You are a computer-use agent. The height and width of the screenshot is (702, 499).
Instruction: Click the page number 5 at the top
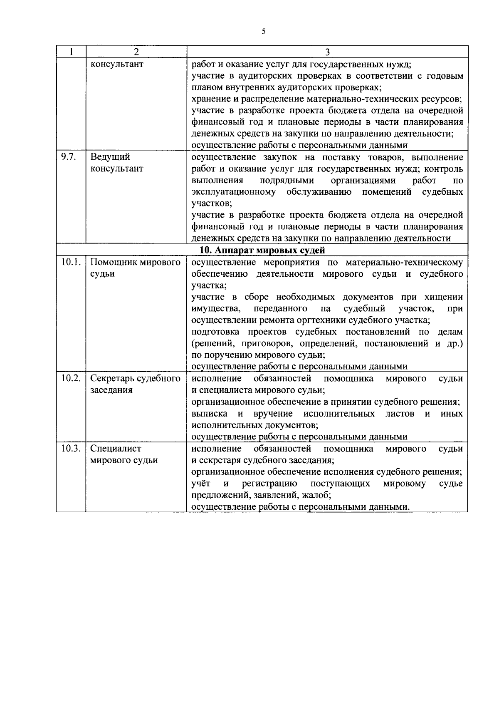coord(264,32)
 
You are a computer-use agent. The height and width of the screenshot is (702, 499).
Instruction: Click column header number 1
coord(72,52)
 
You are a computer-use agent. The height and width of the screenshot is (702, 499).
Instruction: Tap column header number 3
coord(327,52)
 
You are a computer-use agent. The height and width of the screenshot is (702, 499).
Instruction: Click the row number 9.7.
coord(68,157)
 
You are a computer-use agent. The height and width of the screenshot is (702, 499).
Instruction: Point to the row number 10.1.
coord(70,262)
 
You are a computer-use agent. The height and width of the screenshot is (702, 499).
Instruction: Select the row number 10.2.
coord(70,378)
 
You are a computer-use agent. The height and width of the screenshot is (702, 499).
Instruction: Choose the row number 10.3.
coord(70,449)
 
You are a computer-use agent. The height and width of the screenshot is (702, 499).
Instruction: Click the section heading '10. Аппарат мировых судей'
coord(262,250)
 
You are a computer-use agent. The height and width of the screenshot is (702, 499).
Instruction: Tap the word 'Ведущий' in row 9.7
coord(110,157)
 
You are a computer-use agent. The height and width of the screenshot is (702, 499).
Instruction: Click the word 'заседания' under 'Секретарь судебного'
coord(111,390)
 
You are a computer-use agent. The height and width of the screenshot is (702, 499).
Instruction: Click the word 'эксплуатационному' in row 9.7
coord(233,192)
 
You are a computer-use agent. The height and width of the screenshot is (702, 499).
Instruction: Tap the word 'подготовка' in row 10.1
coord(215,332)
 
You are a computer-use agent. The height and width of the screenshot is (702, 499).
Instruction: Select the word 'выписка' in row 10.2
coord(209,414)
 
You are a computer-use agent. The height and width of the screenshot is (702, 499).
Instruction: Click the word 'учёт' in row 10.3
coord(201,484)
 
